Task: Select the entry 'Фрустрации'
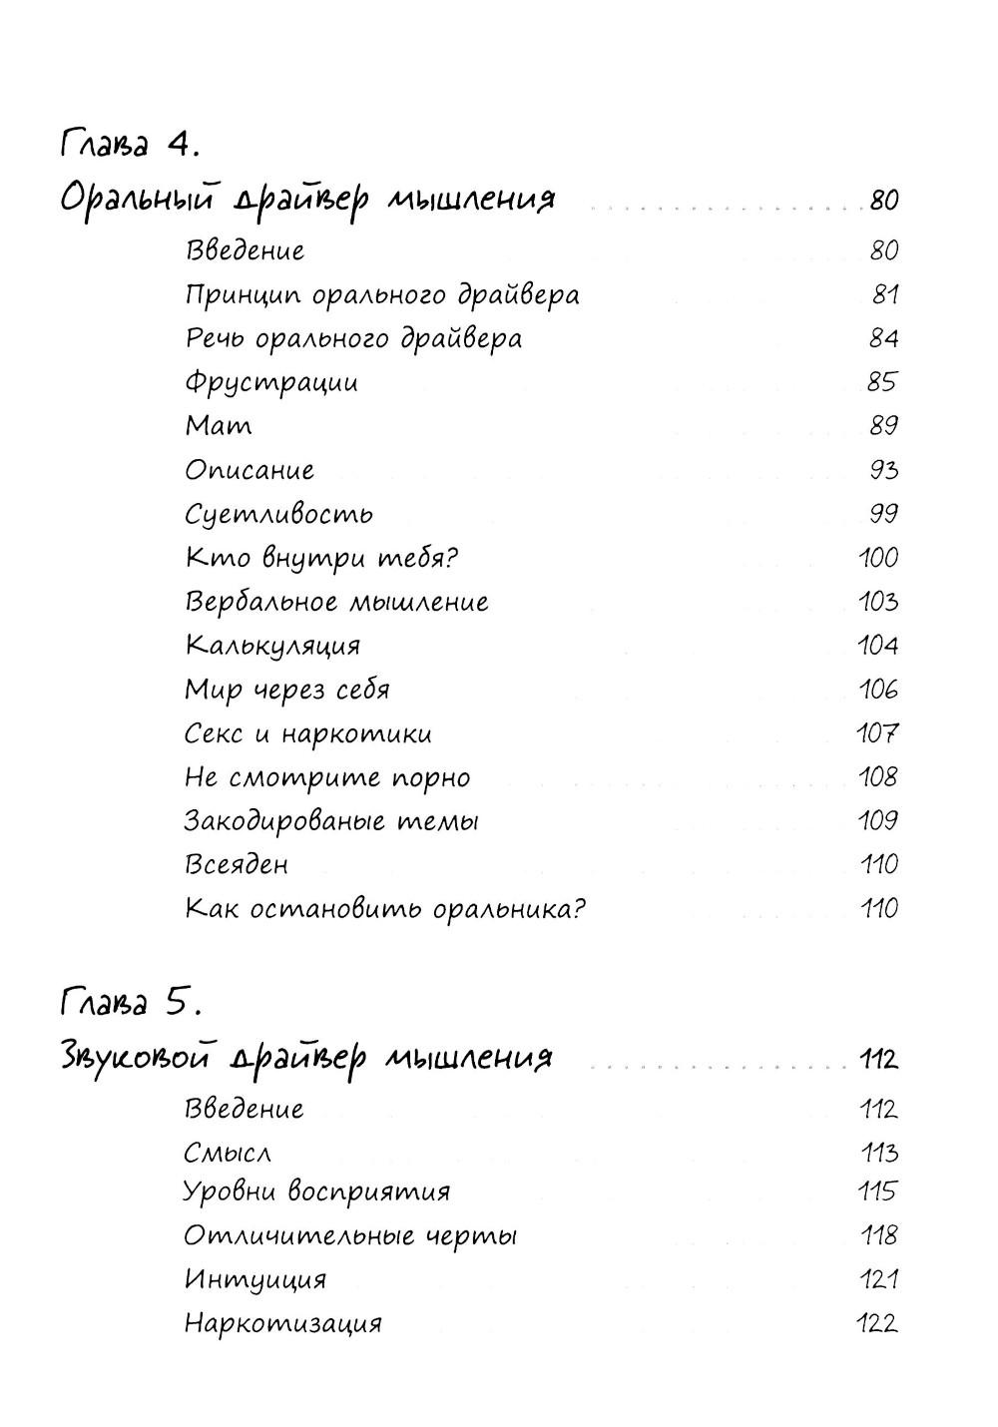(271, 382)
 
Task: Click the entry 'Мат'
(219, 426)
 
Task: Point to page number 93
(883, 470)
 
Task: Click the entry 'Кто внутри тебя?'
(321, 558)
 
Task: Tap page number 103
(878, 602)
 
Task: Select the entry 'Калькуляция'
(272, 646)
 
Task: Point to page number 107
(878, 733)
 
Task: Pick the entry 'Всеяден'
(237, 864)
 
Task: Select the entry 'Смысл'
(228, 1154)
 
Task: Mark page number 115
(878, 1191)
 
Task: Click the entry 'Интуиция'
(255, 1279)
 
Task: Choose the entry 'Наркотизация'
(283, 1324)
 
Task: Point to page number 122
(878, 1324)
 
